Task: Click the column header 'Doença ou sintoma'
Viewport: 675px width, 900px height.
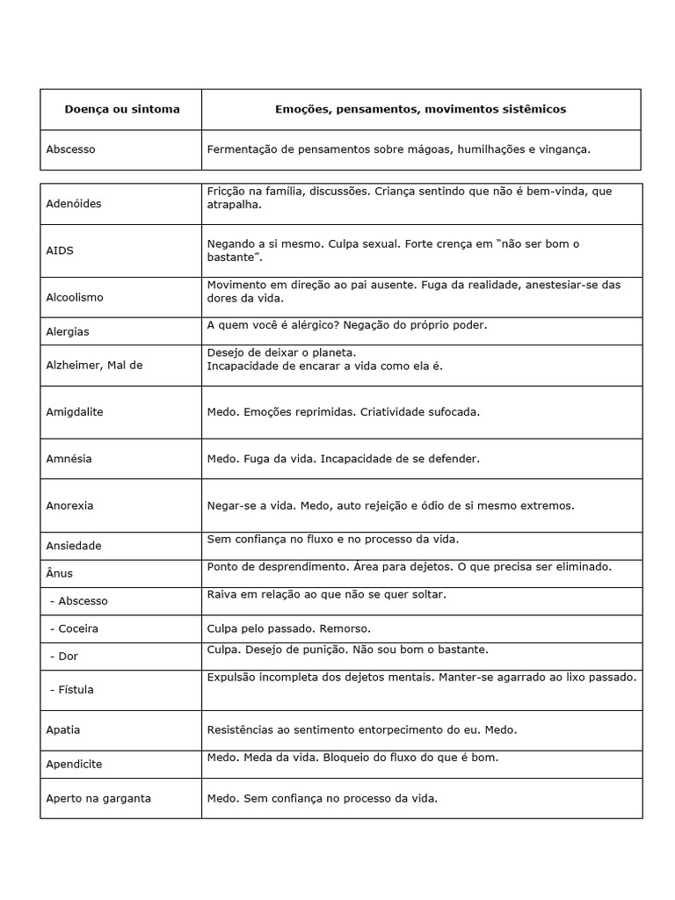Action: [x=121, y=109]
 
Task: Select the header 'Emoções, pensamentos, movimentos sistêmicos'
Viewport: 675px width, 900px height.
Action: [x=420, y=109]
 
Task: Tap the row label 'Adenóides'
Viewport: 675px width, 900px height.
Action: [x=74, y=204]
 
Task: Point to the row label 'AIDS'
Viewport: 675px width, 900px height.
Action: [x=60, y=250]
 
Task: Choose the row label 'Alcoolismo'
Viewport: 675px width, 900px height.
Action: [x=75, y=297]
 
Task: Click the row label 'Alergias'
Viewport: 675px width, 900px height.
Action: [x=68, y=331]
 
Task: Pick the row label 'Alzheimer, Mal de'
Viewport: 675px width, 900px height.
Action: [x=94, y=365]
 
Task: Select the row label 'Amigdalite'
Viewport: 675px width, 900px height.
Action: [x=75, y=411]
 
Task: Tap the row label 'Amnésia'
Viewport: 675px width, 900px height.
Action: [x=69, y=459]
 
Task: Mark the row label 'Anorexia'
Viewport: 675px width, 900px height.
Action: [x=69, y=505]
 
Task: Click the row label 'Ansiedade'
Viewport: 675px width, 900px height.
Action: [x=74, y=546]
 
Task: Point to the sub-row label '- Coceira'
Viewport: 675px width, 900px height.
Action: [x=75, y=628]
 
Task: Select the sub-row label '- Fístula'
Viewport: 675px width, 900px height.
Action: [x=72, y=690]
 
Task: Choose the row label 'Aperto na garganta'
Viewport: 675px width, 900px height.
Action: [x=98, y=799]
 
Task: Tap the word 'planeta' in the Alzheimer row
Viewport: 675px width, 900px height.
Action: [x=311, y=352]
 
